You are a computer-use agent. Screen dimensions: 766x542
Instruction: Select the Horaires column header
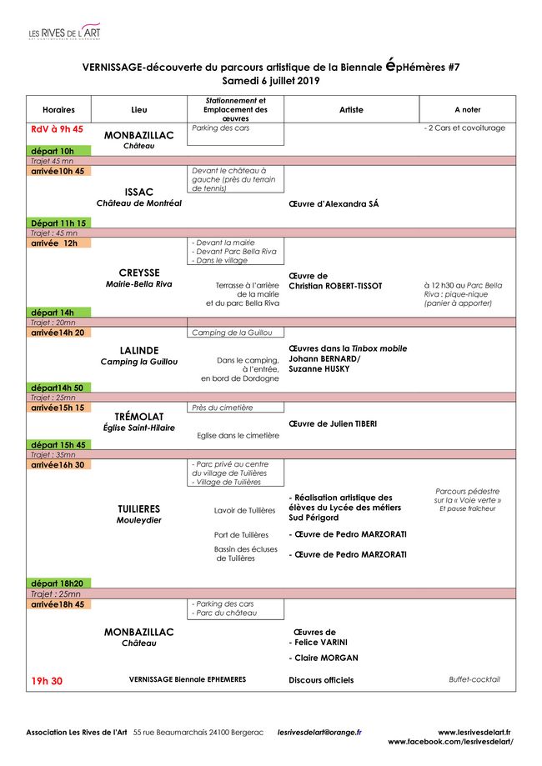click(58, 110)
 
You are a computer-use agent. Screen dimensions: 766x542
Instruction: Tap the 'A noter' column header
click(467, 110)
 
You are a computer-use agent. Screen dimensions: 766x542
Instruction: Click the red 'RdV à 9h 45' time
click(57, 129)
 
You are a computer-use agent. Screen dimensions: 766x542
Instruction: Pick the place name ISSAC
click(138, 192)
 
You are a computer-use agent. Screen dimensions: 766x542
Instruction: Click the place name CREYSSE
click(138, 273)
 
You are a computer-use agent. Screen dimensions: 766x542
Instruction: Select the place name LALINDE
click(138, 350)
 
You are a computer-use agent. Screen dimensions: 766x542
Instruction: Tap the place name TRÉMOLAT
click(138, 416)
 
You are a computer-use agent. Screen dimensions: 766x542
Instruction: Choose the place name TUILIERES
click(138, 508)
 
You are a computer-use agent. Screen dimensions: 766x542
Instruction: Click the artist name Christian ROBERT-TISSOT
click(335, 286)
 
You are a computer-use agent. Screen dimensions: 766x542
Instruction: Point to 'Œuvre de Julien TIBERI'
click(333, 423)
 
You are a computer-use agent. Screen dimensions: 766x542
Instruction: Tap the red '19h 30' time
click(47, 681)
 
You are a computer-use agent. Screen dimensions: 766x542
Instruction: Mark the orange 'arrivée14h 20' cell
click(58, 333)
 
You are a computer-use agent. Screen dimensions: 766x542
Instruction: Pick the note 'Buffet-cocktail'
click(474, 679)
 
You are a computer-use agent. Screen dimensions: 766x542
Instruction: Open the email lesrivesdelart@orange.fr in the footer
click(319, 732)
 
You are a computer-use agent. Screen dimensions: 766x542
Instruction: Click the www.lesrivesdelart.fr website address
click(474, 732)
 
